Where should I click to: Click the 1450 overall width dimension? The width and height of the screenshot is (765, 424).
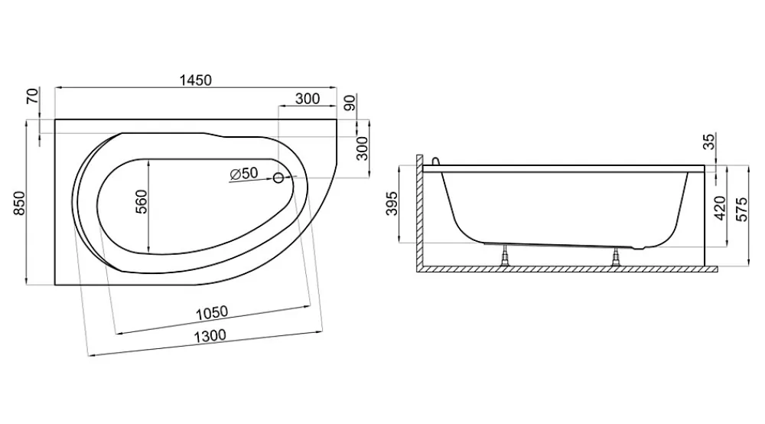(x=196, y=80)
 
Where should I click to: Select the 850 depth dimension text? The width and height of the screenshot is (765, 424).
(x=19, y=204)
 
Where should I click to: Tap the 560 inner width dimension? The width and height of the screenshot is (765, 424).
(x=141, y=201)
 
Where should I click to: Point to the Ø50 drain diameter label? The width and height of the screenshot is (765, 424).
(x=243, y=173)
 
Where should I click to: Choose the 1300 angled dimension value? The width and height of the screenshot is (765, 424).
(x=210, y=336)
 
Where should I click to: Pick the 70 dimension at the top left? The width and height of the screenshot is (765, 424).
(x=32, y=96)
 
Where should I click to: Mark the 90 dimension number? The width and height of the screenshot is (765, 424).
(x=350, y=103)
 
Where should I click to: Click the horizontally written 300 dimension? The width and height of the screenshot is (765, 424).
(x=308, y=99)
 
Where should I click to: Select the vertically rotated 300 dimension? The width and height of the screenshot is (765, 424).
(x=362, y=148)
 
